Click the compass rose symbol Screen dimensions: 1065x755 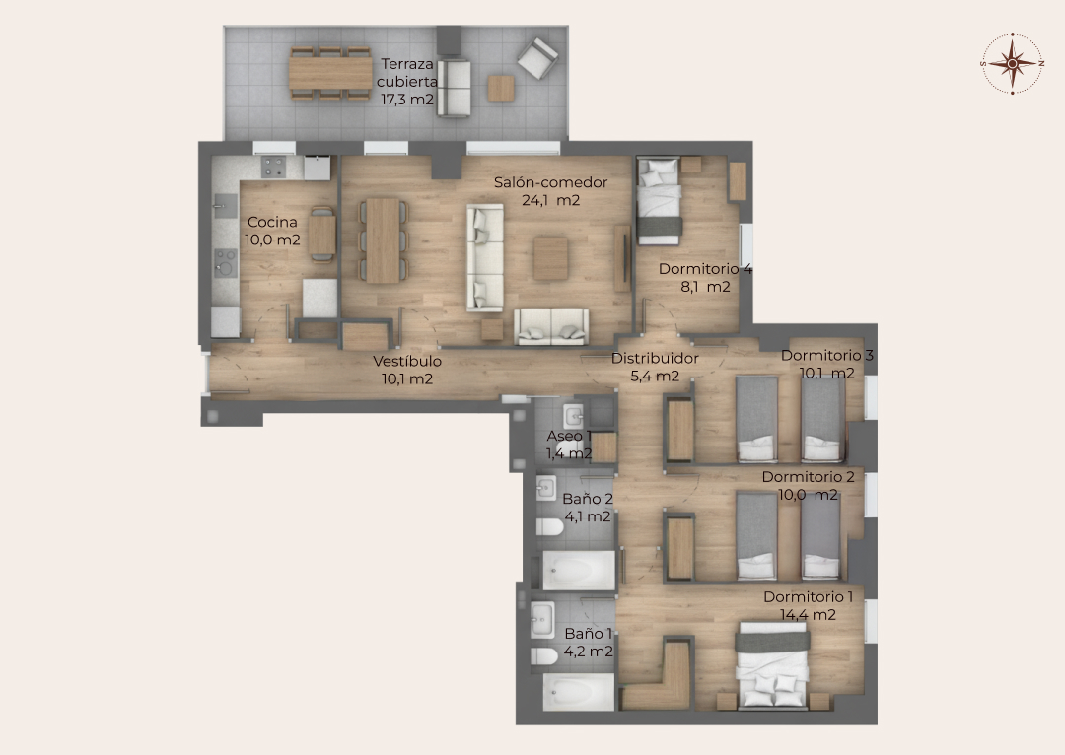[1012, 63]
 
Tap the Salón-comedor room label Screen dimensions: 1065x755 [550, 182]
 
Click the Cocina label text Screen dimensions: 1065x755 [272, 222]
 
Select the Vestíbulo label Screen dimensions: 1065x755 [407, 361]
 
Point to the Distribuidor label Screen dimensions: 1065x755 [655, 359]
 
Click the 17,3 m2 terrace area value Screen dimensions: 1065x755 [407, 100]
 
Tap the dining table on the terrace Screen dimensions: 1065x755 [330, 73]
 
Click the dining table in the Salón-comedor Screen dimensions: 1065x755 [383, 240]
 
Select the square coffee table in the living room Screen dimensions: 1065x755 [550, 258]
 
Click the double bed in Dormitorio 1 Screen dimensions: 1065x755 [773, 665]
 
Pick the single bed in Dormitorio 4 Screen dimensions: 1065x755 [659, 201]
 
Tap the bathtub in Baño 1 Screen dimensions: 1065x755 [579, 692]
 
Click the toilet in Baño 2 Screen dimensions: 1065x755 [549, 527]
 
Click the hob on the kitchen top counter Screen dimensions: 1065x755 [274, 167]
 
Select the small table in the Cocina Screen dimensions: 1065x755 [321, 235]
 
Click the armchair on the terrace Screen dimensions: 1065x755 [537, 57]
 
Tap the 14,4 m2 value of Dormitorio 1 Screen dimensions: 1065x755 [808, 615]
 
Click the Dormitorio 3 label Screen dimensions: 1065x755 [826, 355]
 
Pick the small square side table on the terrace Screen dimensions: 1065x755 [501, 89]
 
